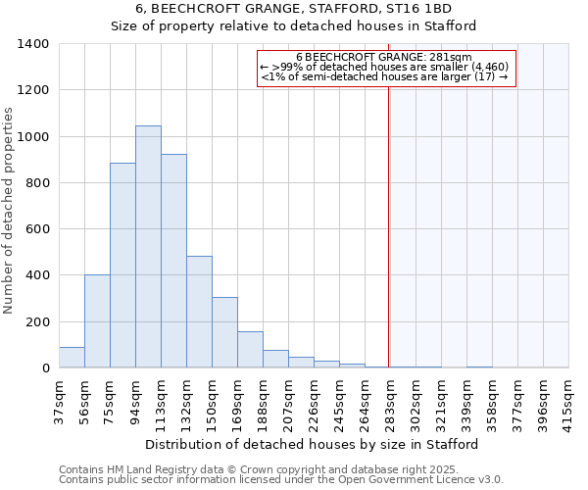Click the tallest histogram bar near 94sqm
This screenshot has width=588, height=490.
point(148,247)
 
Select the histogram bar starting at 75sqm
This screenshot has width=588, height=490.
point(122,266)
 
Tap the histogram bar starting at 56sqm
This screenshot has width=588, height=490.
point(97,321)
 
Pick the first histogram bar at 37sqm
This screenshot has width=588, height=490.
point(72,358)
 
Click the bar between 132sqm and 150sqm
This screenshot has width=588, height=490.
point(199,312)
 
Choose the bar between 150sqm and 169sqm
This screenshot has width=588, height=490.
point(224,332)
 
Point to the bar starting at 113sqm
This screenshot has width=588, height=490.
point(173,261)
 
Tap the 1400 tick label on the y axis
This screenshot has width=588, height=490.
point(33,44)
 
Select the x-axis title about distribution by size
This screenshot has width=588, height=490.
point(314,444)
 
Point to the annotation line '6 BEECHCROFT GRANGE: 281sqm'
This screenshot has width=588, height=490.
point(384,57)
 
